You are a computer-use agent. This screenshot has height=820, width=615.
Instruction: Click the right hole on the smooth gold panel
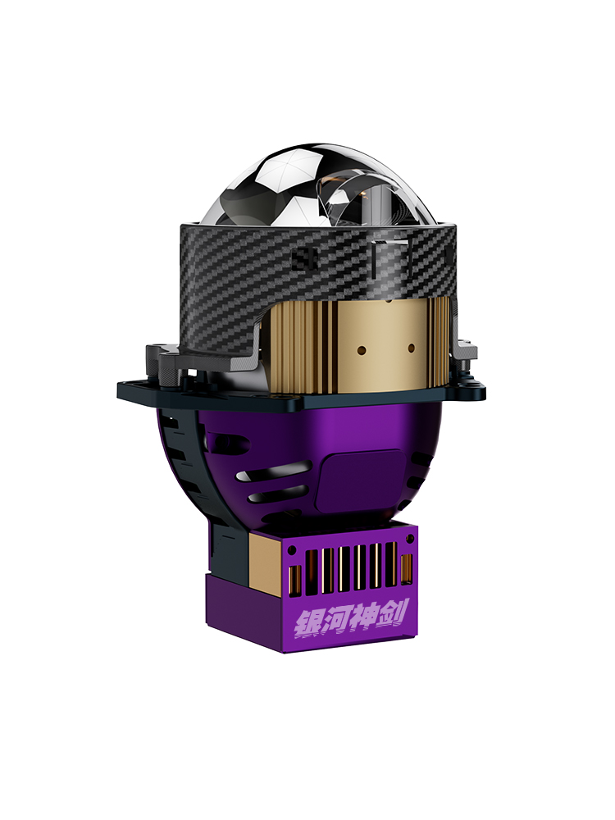point(411,347)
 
